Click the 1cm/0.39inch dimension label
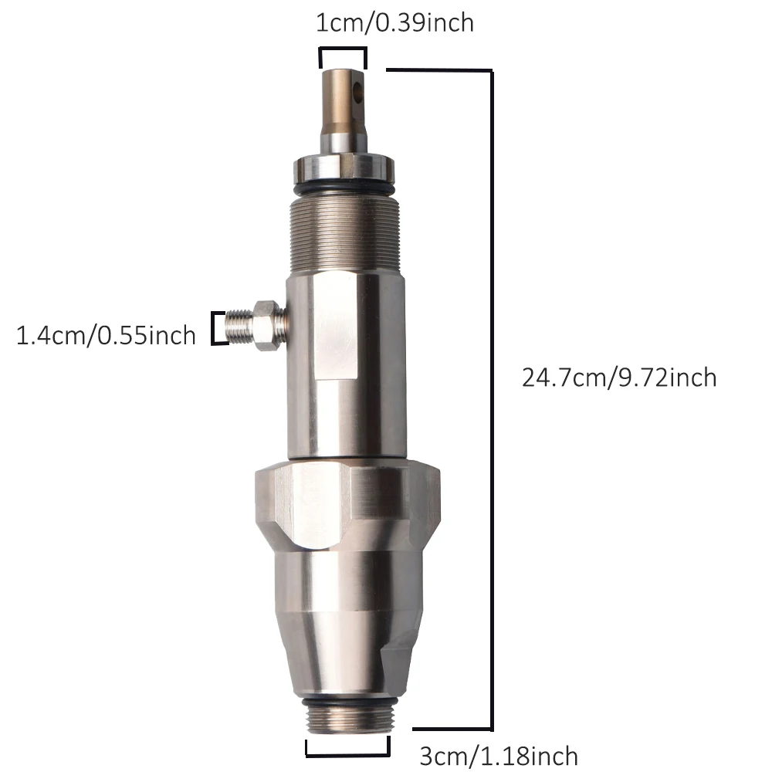point(394,23)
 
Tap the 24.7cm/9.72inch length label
point(619,378)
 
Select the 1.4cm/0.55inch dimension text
point(106,335)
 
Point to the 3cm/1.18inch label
point(498,756)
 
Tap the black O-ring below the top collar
point(344,188)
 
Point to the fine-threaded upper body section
point(344,233)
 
